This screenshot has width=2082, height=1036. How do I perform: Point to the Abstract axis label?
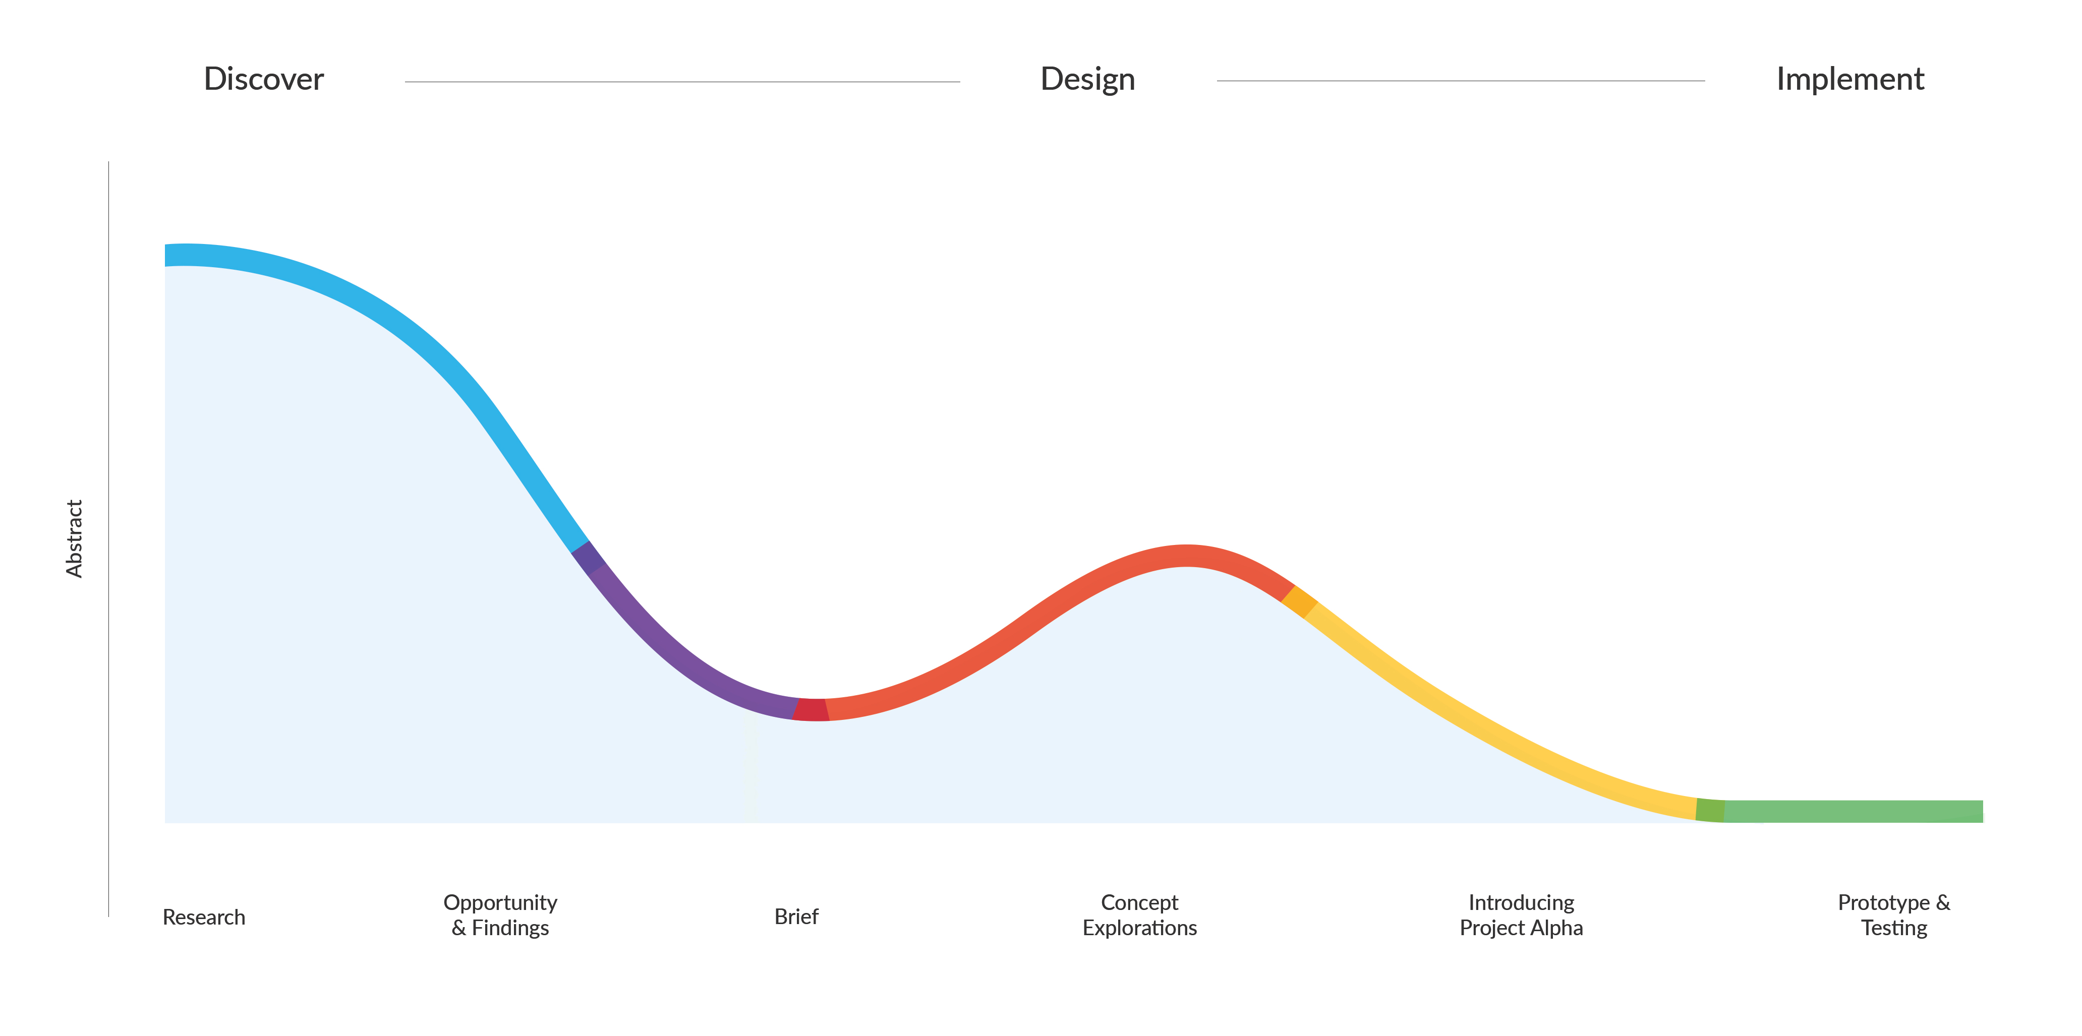pyautogui.click(x=74, y=538)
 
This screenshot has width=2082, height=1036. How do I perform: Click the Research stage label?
pyautogui.click(x=204, y=917)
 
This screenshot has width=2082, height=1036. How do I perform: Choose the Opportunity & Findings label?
pyautogui.click(x=500, y=915)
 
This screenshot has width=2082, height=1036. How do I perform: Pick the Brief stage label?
pyautogui.click(x=796, y=917)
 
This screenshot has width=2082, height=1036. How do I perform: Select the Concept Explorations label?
pyautogui.click(x=1140, y=915)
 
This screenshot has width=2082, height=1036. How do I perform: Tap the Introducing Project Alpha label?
pyautogui.click(x=1521, y=915)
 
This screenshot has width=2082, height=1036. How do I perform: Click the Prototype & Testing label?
pyautogui.click(x=1894, y=915)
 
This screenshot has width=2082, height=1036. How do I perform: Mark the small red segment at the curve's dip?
pyautogui.click(x=811, y=709)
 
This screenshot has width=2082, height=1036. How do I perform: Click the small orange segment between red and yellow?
pyautogui.click(x=1299, y=602)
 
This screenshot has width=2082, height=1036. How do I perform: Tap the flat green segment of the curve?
pyautogui.click(x=1851, y=811)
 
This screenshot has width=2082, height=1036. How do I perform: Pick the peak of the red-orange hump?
pyautogui.click(x=1186, y=556)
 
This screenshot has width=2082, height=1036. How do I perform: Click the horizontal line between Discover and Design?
pyautogui.click(x=682, y=82)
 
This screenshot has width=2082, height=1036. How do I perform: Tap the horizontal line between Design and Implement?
pyautogui.click(x=1461, y=81)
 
